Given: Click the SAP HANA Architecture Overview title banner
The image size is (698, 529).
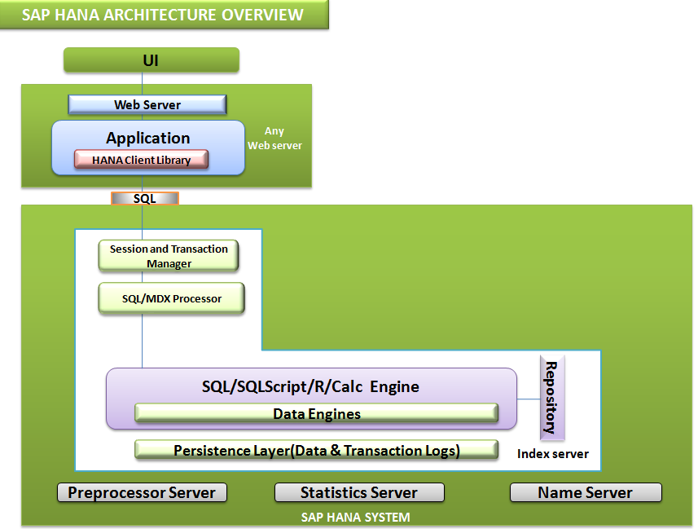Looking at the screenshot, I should coord(164,15).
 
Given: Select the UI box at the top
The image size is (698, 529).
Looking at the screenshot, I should coord(151,60).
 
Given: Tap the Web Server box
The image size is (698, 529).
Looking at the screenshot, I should coord(147,104).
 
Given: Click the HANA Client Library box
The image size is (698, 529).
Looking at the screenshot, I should coord(142,160).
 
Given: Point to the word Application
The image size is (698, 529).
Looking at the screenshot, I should coord(148,138).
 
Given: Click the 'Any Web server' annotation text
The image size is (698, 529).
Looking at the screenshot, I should coord(274,139).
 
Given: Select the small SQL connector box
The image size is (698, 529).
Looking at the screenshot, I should coord(144,198).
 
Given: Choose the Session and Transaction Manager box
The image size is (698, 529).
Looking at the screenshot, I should coord(169,256).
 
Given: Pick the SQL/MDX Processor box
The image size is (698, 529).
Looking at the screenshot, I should coord(171,298).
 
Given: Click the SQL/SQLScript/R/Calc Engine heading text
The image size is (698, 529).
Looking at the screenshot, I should coord(310,386).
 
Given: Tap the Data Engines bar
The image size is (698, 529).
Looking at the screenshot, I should coord(316,413).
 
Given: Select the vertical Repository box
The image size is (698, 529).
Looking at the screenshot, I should coord(551,398).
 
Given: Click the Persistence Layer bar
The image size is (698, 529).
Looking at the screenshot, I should coord(316,450).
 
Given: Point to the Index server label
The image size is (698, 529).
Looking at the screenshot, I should coord(552,454).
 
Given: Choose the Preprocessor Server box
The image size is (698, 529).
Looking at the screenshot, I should coord(142,492).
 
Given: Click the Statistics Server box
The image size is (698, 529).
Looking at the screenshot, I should coord(359,492).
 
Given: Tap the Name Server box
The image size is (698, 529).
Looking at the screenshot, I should coord(585,492).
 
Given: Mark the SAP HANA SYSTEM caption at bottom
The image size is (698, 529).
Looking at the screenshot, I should coord(355,517).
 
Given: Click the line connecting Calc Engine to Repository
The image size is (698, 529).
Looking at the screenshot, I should coord(529,399).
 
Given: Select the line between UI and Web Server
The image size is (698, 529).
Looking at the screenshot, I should coord(143,84).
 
